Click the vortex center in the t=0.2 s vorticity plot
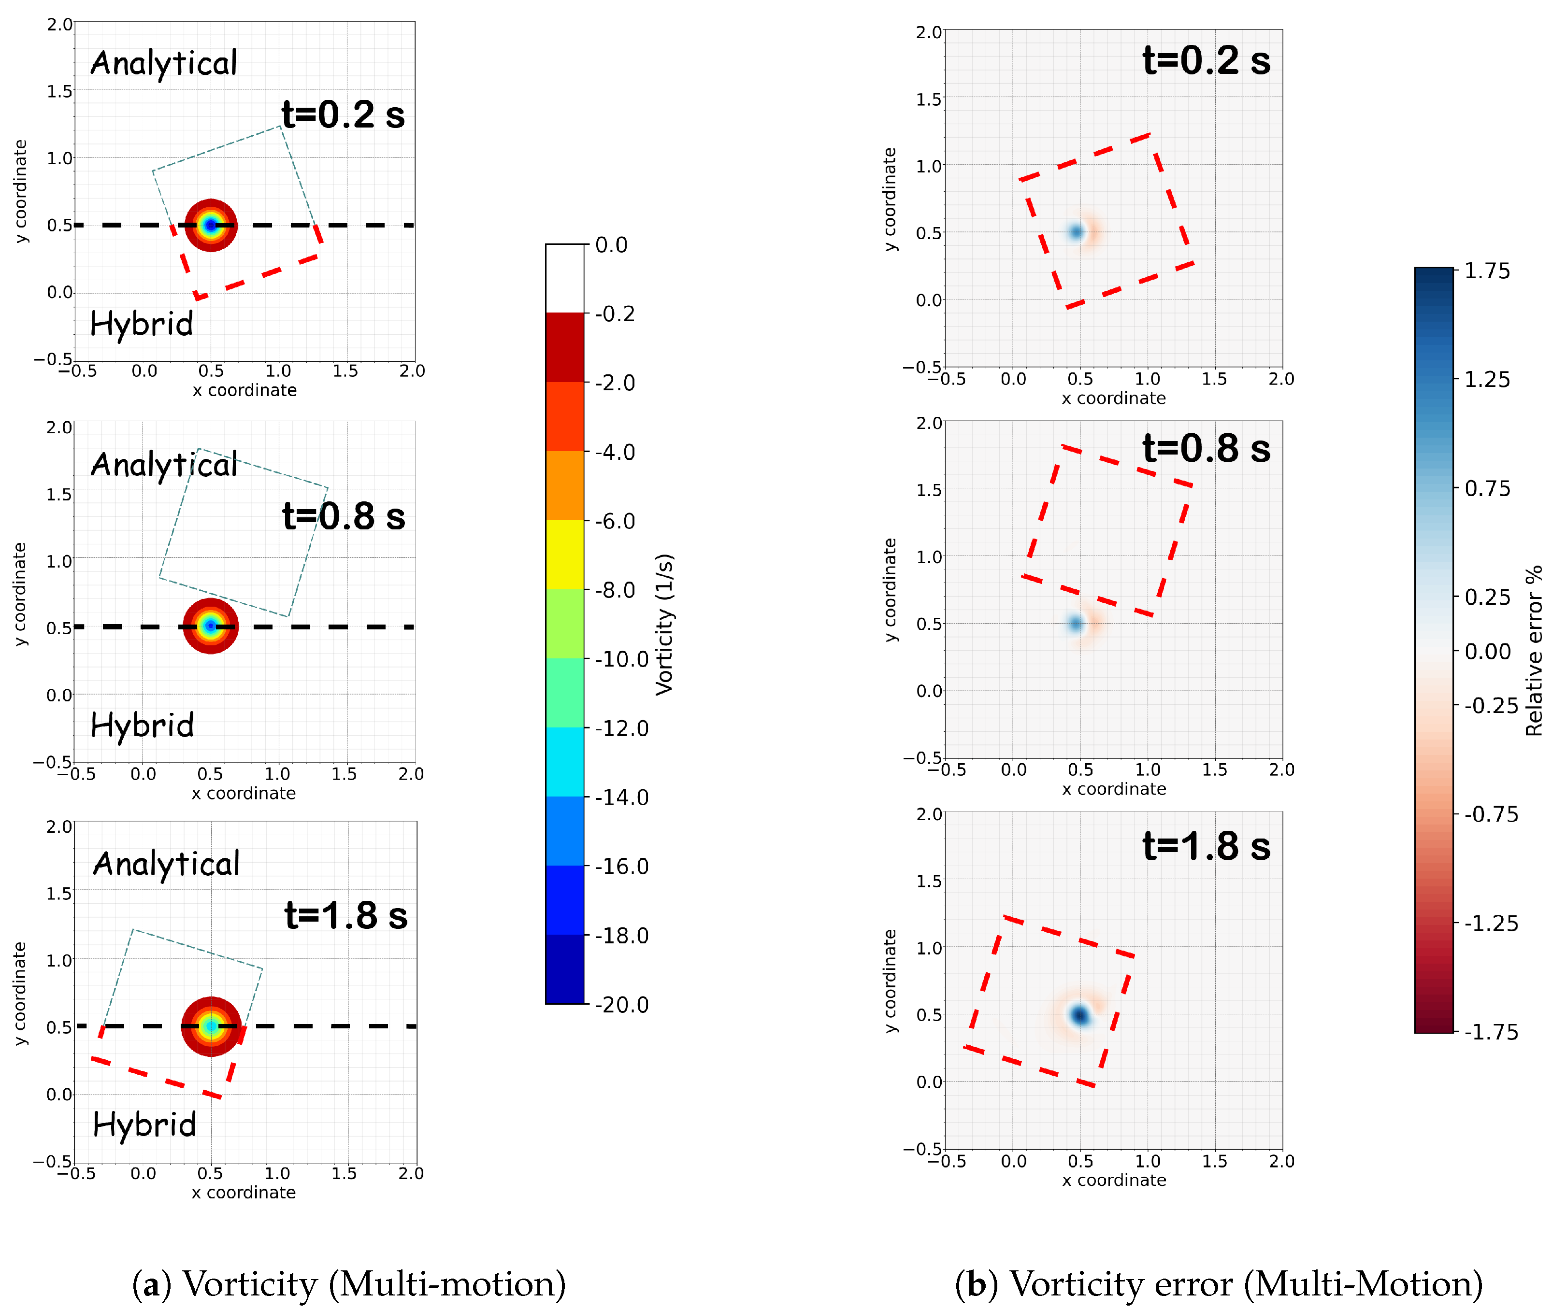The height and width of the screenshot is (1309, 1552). coord(211,225)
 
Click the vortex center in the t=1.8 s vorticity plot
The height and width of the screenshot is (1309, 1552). coord(212,1026)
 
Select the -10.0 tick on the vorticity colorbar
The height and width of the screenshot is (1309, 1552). coord(622,659)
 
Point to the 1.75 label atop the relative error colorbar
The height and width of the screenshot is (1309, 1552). coord(1487,271)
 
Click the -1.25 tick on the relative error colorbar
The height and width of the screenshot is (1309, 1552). coord(1491,923)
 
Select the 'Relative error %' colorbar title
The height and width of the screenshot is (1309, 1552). coord(1534,651)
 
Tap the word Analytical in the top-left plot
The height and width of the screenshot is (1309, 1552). coord(163,64)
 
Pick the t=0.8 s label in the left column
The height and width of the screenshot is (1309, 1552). coord(344,516)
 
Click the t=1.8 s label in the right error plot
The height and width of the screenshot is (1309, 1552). coord(1206,846)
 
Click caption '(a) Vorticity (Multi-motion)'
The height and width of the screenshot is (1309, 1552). coord(349,1284)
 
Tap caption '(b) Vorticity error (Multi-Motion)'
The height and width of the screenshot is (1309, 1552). coord(1219,1284)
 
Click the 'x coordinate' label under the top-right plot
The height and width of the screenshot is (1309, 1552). coord(1113,398)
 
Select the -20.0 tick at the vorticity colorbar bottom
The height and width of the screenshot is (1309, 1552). coord(622,1005)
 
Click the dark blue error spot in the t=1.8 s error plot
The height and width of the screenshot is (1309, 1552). coord(1080,1014)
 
